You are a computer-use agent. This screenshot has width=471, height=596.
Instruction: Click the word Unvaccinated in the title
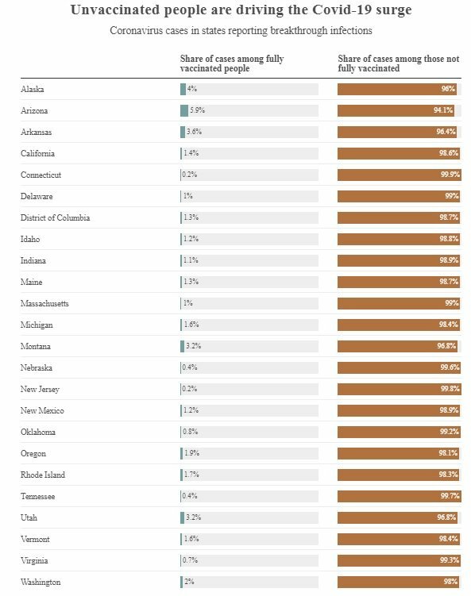(115, 10)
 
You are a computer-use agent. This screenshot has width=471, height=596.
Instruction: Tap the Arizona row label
(34, 110)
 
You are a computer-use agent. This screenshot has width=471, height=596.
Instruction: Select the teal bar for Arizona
(184, 110)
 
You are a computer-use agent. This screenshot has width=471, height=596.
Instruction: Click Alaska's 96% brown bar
(397, 89)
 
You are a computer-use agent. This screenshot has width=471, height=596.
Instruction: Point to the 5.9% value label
(198, 110)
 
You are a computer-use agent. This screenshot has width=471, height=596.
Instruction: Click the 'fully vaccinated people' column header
(232, 63)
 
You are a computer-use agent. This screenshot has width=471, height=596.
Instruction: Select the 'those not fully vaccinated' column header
(399, 63)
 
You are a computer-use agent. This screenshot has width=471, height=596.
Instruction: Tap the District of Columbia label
(55, 217)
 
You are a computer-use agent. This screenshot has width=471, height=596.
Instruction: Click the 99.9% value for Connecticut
(450, 175)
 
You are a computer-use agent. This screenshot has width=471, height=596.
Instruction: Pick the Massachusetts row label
(45, 303)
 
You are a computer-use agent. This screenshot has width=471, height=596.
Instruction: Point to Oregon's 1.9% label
(191, 453)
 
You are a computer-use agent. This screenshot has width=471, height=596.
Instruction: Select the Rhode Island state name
(43, 475)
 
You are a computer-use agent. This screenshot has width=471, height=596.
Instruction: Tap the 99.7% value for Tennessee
(450, 496)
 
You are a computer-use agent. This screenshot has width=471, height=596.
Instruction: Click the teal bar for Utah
(182, 517)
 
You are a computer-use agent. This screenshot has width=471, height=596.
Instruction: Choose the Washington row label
(41, 582)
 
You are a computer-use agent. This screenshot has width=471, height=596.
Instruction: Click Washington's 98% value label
(451, 582)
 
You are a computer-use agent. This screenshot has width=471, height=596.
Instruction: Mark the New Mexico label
(42, 410)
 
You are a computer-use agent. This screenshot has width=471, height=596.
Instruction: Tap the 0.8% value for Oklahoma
(190, 432)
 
